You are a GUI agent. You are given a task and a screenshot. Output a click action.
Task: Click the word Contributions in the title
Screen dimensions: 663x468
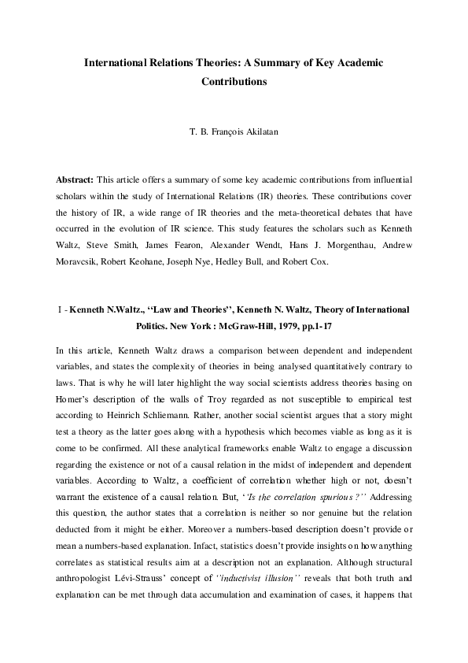[234, 81]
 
